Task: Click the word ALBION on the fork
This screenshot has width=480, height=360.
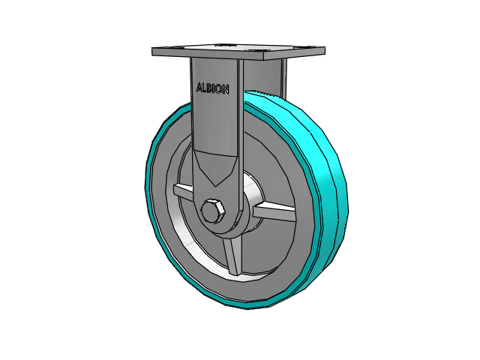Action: (213, 88)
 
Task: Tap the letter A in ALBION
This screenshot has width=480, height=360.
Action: (199, 87)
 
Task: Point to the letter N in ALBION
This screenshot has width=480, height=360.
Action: (225, 90)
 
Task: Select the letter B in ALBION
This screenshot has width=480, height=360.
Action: (210, 88)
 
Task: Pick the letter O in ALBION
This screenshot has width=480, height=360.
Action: (218, 89)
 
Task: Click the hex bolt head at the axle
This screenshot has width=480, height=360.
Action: (213, 211)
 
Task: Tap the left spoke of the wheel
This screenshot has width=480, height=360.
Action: (183, 193)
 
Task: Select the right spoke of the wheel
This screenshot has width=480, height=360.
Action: (274, 212)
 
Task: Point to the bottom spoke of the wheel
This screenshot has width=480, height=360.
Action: (232, 256)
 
